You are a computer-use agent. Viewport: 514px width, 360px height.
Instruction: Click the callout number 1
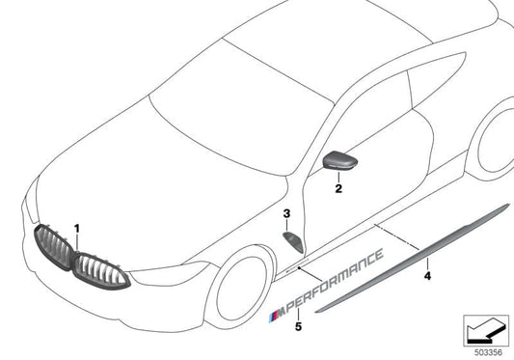click(x=78, y=229)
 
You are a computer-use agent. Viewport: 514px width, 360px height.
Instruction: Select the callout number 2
click(x=338, y=190)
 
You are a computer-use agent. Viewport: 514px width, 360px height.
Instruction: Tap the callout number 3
click(x=286, y=212)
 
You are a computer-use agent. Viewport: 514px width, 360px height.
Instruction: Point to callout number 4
click(x=427, y=275)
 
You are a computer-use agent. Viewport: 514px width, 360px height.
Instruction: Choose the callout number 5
click(x=298, y=327)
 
